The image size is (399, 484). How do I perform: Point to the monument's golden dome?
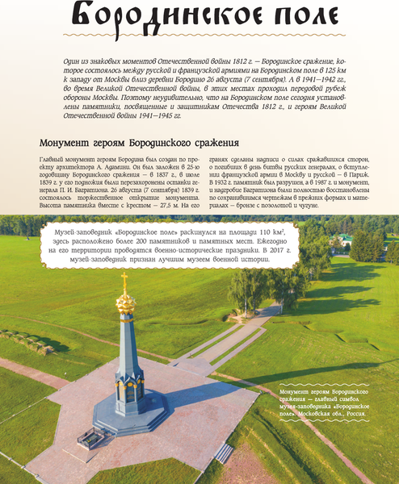click(125, 303)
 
